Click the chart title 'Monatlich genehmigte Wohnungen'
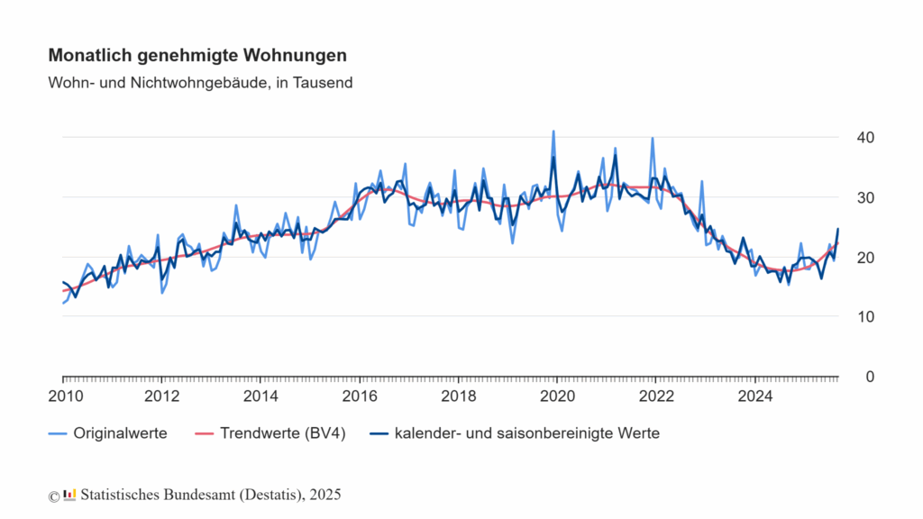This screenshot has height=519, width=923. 196,56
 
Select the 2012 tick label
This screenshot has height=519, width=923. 161,396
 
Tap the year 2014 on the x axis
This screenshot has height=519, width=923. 260,396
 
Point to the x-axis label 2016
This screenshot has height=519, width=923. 360,396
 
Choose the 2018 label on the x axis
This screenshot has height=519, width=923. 459,396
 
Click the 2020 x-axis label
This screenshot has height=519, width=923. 558,396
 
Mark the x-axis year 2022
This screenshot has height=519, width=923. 657,396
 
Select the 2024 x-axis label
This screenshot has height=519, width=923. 755,396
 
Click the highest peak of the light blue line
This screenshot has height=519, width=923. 553,132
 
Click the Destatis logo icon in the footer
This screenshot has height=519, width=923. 69,494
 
